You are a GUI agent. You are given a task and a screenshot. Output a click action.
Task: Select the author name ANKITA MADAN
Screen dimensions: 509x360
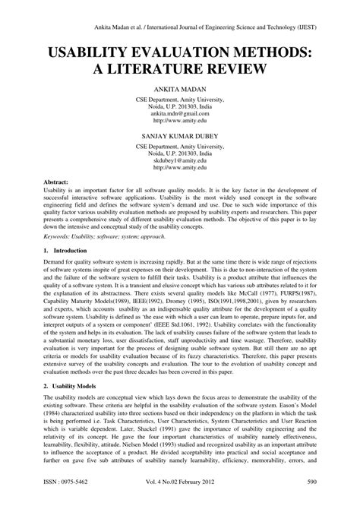coord(180,89)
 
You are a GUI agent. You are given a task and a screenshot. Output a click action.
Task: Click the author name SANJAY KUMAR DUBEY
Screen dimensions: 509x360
coord(180,137)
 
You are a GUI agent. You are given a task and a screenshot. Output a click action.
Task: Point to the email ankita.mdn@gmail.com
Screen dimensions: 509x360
coord(180,112)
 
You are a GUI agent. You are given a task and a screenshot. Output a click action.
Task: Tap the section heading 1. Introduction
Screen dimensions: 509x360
coord(66,248)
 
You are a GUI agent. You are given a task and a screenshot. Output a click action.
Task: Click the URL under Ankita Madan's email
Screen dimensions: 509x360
coord(180,120)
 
